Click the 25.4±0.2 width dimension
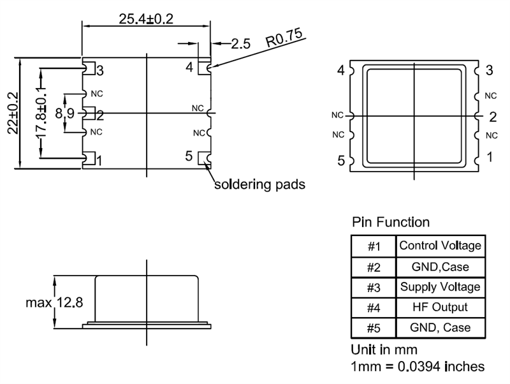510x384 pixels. pyautogui.click(x=146, y=19)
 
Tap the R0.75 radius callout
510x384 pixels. pyautogui.click(x=284, y=38)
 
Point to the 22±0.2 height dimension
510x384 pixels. pyautogui.click(x=13, y=114)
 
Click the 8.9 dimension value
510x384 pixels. pyautogui.click(x=65, y=114)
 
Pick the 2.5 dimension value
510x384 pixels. pyautogui.click(x=241, y=43)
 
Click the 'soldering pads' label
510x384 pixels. pyautogui.click(x=260, y=184)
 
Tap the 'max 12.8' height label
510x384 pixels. pyautogui.click(x=54, y=302)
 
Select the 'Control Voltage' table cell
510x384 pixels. pyautogui.click(x=441, y=246)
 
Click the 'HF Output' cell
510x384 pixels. pyautogui.click(x=441, y=307)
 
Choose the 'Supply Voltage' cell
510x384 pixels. pyautogui.click(x=441, y=287)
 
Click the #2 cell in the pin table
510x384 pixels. pyautogui.click(x=374, y=267)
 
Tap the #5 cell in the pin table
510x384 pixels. pyautogui.click(x=374, y=328)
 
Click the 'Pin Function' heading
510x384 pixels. pyautogui.click(x=391, y=222)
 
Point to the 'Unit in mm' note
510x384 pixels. pyautogui.click(x=384, y=350)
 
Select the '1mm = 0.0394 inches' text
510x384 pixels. pyautogui.click(x=418, y=366)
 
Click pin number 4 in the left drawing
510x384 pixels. pyautogui.click(x=189, y=67)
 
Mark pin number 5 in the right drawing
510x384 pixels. pyautogui.click(x=341, y=161)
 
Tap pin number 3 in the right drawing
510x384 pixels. pyautogui.click(x=489, y=70)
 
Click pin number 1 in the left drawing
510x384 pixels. pyautogui.click(x=99, y=161)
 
